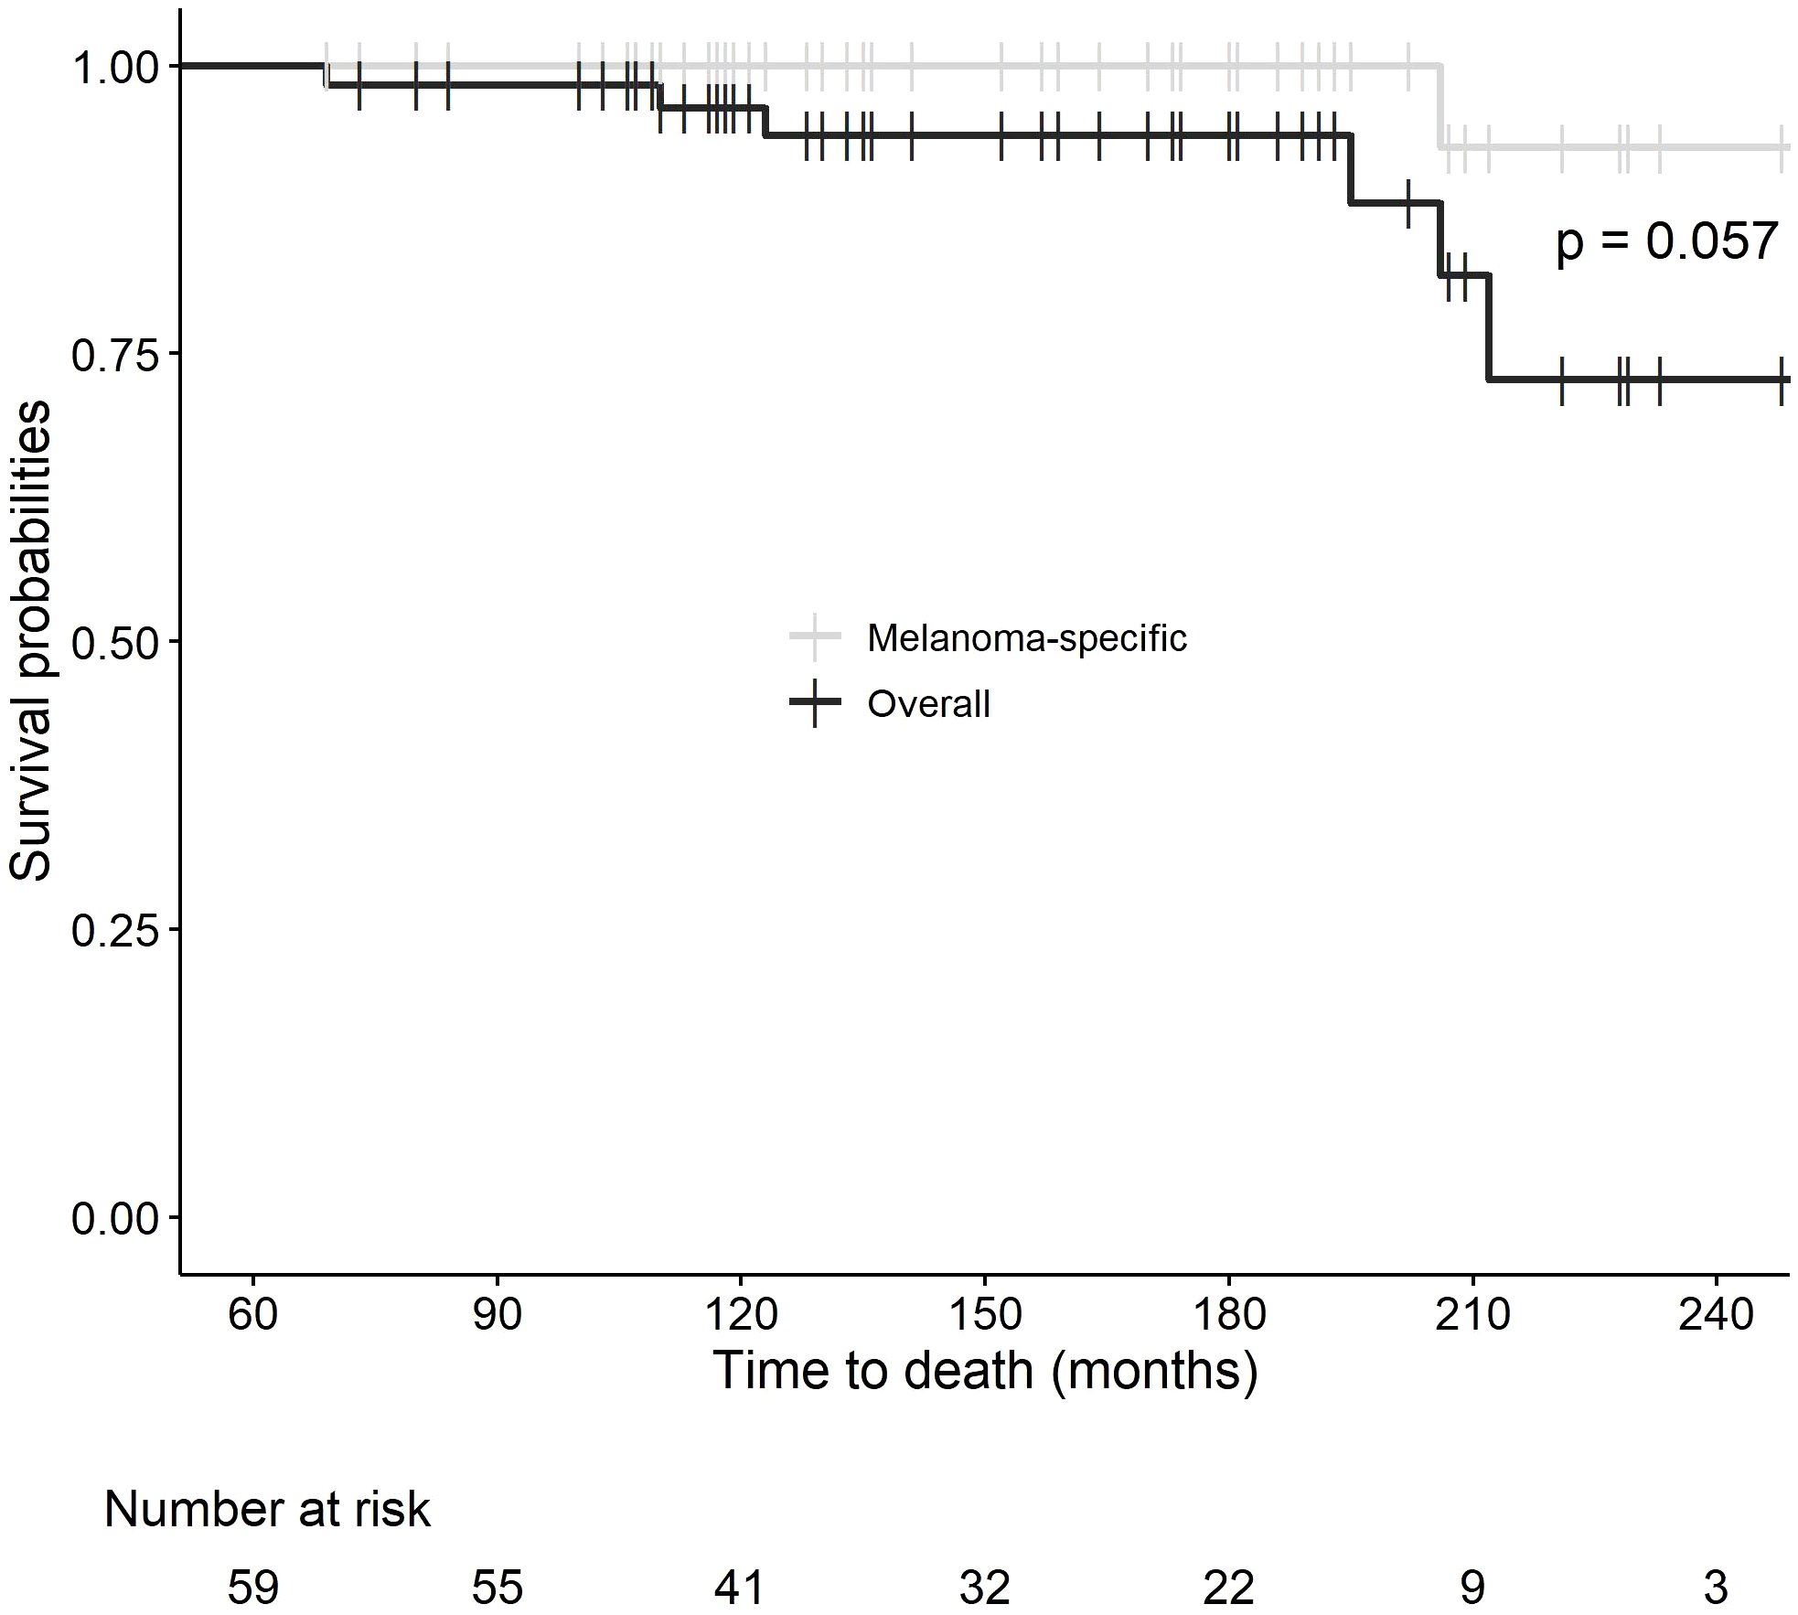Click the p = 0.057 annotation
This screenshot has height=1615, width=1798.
1666,243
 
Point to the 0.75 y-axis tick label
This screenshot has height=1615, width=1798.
113,355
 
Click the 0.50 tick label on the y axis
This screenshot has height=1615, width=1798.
113,643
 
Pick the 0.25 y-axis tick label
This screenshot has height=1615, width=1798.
113,931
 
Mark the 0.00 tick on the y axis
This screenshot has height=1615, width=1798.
113,1219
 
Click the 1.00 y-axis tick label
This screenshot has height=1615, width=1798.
113,68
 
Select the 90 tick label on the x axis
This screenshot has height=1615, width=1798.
497,1315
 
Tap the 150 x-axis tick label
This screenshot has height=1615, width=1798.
984,1315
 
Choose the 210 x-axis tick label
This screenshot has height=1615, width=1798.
1472,1315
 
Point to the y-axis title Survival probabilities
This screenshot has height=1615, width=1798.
31,640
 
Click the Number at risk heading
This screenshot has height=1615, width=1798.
266,1509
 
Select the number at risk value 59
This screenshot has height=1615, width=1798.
252,1588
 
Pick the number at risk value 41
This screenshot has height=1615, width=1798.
739,1588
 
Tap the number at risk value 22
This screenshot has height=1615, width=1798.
1227,1588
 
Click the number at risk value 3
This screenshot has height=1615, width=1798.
1716,1588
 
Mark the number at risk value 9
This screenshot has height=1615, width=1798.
1472,1588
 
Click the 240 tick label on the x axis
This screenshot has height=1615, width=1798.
1716,1315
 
